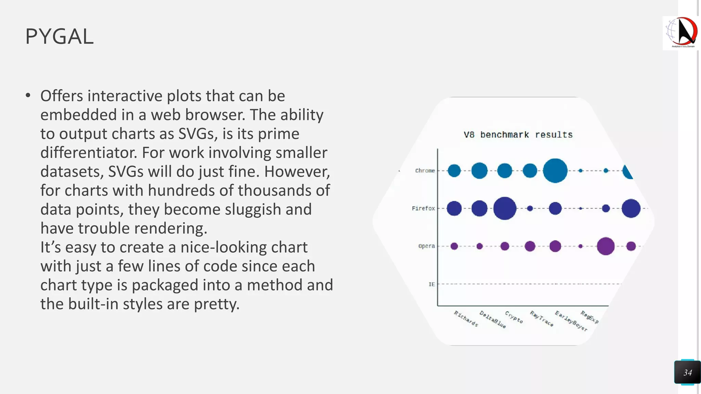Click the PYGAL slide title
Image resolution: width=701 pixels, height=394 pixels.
click(x=60, y=36)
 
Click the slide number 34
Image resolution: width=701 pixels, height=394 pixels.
click(x=687, y=372)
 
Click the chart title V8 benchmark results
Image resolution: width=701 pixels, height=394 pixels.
click(x=518, y=135)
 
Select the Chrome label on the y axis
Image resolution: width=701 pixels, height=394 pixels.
click(x=425, y=171)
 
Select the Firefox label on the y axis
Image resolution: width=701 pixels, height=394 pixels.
click(x=423, y=208)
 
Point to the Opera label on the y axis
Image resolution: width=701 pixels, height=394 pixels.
click(x=426, y=246)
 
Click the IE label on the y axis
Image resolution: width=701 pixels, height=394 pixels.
click(x=432, y=284)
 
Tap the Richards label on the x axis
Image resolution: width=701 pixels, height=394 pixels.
click(x=466, y=318)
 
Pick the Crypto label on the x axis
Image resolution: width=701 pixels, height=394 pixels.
click(x=514, y=317)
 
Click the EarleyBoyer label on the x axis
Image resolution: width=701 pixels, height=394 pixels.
click(x=571, y=321)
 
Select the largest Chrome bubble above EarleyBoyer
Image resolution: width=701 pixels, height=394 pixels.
click(x=555, y=171)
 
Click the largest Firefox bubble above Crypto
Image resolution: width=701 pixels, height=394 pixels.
click(x=505, y=208)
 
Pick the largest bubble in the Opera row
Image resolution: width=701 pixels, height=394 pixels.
click(x=606, y=246)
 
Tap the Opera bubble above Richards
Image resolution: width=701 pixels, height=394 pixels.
click(x=454, y=246)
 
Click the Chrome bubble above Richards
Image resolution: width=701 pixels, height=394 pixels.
click(x=454, y=171)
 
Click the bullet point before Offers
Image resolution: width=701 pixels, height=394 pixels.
click(x=28, y=96)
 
